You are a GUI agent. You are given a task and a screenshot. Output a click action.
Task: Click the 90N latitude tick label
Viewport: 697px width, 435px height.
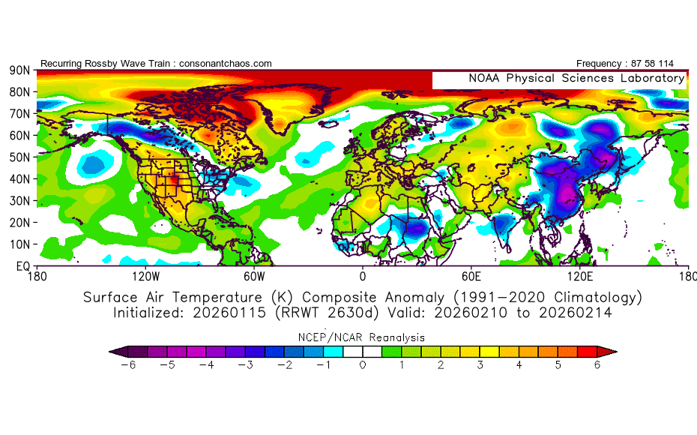19,70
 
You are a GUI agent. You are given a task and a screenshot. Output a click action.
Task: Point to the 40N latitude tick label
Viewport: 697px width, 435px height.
19,179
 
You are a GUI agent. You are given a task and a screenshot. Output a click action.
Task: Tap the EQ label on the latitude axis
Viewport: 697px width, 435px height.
22,266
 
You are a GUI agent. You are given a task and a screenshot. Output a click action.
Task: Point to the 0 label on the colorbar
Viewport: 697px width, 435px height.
363,365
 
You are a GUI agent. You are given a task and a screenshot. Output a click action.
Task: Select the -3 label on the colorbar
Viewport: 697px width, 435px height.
244,365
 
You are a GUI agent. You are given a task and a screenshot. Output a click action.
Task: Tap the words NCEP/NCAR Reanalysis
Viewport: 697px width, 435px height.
362,337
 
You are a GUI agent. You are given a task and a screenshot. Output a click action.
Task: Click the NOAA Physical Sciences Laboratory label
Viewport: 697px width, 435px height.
576,79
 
